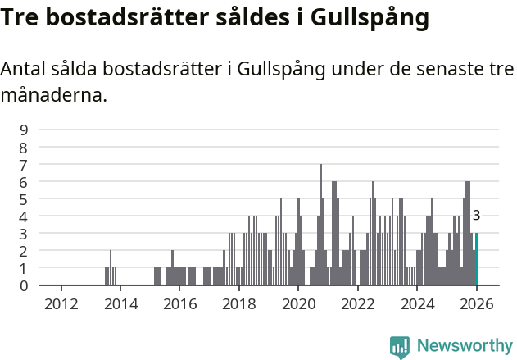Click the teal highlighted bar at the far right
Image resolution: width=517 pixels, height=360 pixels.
[476, 259]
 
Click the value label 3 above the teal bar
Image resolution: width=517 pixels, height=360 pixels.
[476, 216]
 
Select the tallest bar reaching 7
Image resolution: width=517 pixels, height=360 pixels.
[320, 225]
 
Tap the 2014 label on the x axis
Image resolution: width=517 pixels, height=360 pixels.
[120, 303]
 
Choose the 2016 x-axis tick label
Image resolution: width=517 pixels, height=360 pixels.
[179, 303]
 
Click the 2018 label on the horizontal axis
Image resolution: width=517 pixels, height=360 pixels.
[239, 303]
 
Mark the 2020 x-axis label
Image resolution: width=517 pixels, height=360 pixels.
[298, 303]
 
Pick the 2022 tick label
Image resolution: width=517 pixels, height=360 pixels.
[358, 303]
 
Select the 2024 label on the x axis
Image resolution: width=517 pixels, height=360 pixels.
[417, 303]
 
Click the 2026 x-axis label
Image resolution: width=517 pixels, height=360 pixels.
[477, 303]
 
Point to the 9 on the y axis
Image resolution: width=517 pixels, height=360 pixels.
[25, 130]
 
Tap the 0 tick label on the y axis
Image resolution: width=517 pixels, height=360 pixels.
[25, 285]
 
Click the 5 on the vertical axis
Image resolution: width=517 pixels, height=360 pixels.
[25, 198]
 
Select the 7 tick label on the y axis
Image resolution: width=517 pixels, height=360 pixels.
[25, 164]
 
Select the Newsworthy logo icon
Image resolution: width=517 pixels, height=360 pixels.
[400, 346]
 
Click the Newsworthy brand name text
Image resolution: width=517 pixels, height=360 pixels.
[465, 346]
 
